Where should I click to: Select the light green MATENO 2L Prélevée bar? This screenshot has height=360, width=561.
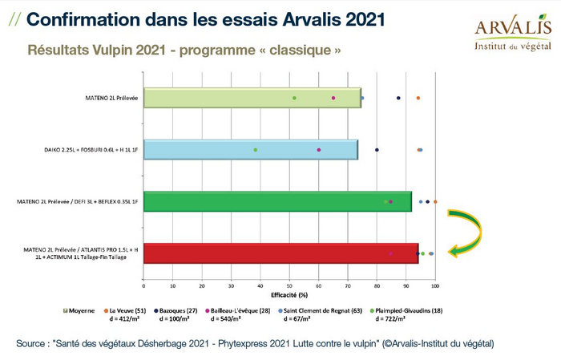coord(252,98)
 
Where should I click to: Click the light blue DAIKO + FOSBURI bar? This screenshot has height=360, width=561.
coord(251,150)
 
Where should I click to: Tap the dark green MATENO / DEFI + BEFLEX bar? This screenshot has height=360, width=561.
coord(277,202)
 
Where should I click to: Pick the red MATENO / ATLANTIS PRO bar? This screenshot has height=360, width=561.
coord(280,253)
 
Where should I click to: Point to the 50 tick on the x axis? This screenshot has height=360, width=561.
coord(289,285)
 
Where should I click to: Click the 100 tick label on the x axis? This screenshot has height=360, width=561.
coord(435,285)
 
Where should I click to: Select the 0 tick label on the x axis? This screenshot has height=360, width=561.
coord(143,285)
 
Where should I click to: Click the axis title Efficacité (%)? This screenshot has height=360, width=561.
coord(289,295)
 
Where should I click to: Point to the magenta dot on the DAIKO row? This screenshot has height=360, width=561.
coord(318,150)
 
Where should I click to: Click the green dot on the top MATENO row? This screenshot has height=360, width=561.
coord(294,98)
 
